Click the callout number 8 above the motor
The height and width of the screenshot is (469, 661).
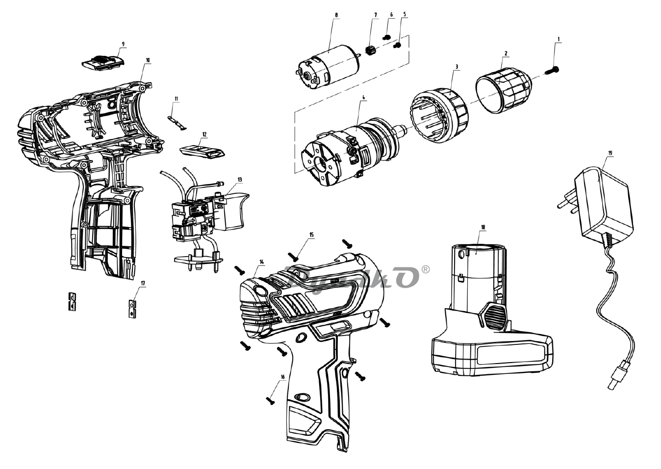[336, 15]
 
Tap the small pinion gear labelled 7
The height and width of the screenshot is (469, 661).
[371, 50]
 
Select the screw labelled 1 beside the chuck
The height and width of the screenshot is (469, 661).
[552, 71]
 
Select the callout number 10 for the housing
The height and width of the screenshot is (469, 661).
[148, 60]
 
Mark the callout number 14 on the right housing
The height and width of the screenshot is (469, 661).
[261, 262]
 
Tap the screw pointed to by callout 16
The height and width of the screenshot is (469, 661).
[270, 400]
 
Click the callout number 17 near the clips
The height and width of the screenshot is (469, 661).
[143, 283]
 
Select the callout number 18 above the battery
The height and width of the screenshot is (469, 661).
[483, 227]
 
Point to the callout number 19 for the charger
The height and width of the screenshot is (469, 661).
[610, 153]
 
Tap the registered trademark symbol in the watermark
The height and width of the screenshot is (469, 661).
[426, 269]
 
